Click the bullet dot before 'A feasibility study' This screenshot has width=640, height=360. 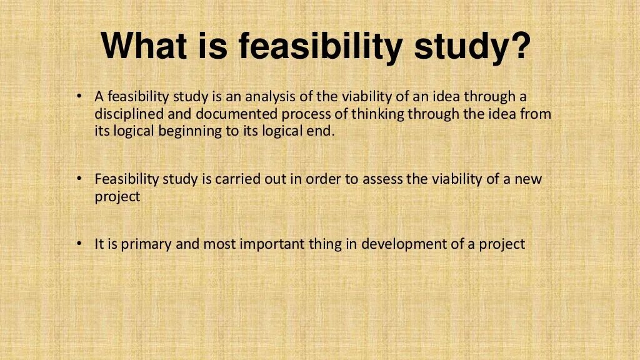(79, 97)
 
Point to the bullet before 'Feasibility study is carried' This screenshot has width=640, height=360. (79, 179)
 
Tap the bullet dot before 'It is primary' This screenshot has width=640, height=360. (79, 244)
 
